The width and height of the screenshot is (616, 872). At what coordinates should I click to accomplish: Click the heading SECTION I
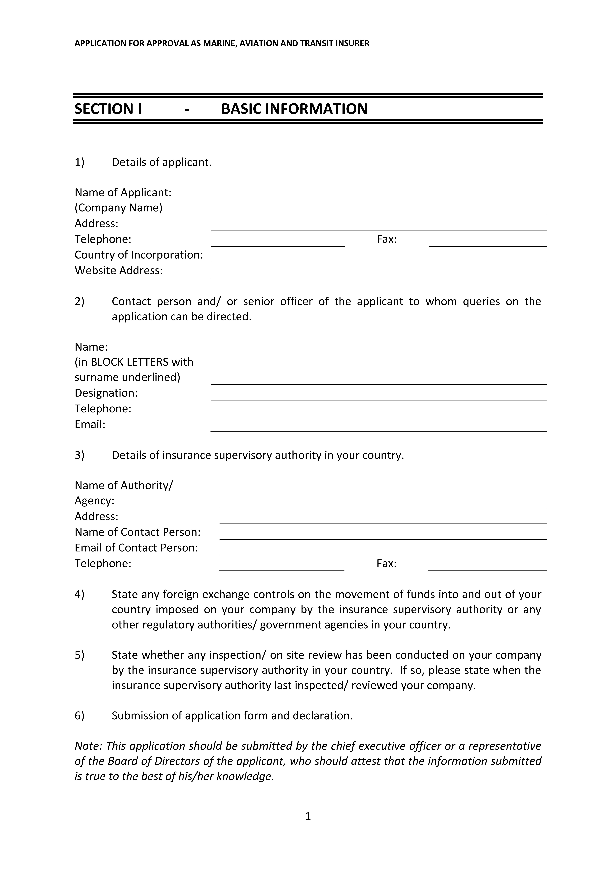pyautogui.click(x=108, y=109)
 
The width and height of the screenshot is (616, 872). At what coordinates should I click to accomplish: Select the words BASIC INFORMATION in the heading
pyautogui.click(x=294, y=109)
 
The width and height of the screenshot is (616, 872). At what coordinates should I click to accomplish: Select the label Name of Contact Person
pyautogui.click(x=137, y=532)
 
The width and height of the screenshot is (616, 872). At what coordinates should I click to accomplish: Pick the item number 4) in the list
pyautogui.click(x=79, y=594)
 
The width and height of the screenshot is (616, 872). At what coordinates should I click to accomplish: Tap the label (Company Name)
pyautogui.click(x=118, y=208)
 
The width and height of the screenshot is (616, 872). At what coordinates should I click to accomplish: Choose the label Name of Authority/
pyautogui.click(x=124, y=485)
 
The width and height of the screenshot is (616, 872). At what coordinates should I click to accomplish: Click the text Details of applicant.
pyautogui.click(x=162, y=163)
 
